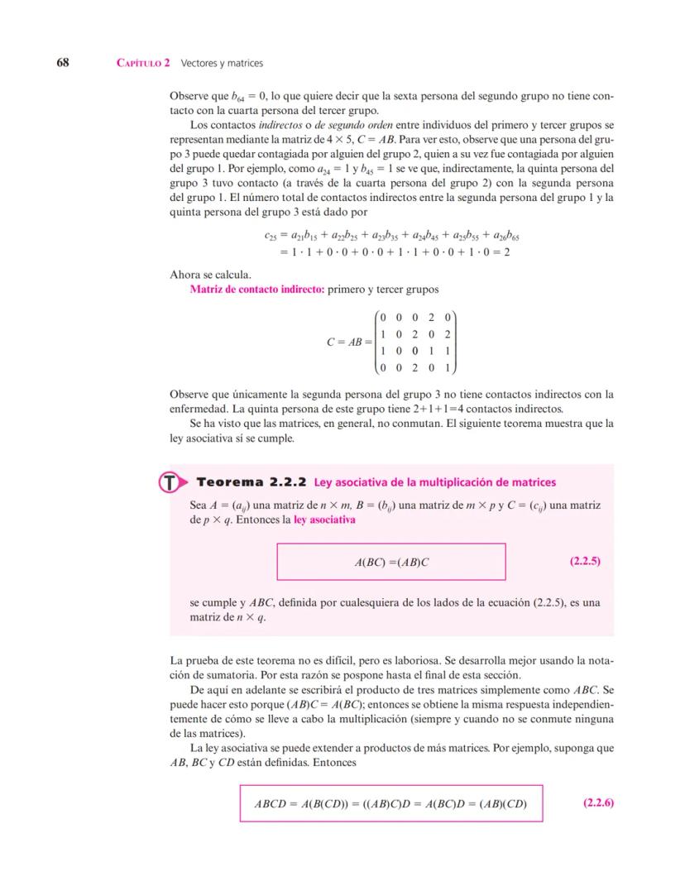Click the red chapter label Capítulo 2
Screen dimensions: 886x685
coord(144,63)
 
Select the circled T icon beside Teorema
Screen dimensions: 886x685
coord(169,482)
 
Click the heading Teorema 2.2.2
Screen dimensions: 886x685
coord(251,481)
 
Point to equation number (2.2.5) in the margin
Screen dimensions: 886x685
coord(585,561)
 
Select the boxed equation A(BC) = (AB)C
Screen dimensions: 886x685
coord(390,562)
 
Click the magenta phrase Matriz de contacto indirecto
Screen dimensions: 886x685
coord(257,290)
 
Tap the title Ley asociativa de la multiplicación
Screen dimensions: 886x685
coord(435,482)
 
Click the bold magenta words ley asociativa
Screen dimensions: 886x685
coord(324,520)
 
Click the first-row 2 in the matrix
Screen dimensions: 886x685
coord(430,317)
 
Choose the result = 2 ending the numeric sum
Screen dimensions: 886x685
coord(501,251)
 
